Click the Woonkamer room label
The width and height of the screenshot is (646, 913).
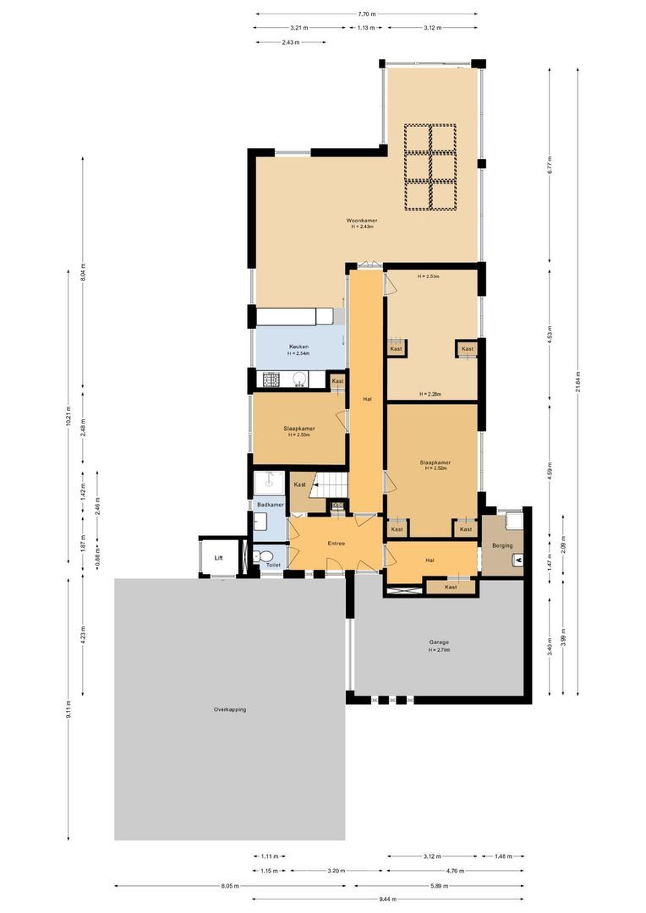[362, 221]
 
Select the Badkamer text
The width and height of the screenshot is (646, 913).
[270, 505]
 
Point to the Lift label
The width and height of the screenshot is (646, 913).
[218, 558]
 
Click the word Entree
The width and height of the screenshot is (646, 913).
[336, 544]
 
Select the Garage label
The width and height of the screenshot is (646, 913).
[439, 642]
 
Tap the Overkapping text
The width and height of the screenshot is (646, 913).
[229, 709]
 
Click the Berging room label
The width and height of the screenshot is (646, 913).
[502, 546]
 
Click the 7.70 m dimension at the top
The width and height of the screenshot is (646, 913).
[366, 14]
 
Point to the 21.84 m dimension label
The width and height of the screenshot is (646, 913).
[578, 383]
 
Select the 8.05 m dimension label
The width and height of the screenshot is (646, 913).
[230, 887]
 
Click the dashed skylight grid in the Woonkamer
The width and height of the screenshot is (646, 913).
[430, 167]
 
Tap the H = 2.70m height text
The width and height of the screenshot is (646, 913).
[439, 650]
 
